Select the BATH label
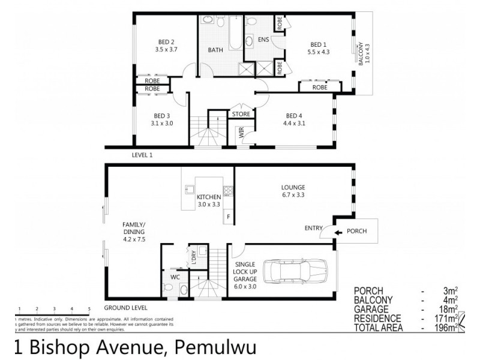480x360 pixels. (216, 50)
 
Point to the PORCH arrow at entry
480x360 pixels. (338, 232)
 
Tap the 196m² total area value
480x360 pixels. (445, 328)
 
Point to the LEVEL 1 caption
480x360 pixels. (142, 154)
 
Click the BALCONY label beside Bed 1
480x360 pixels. (361, 53)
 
